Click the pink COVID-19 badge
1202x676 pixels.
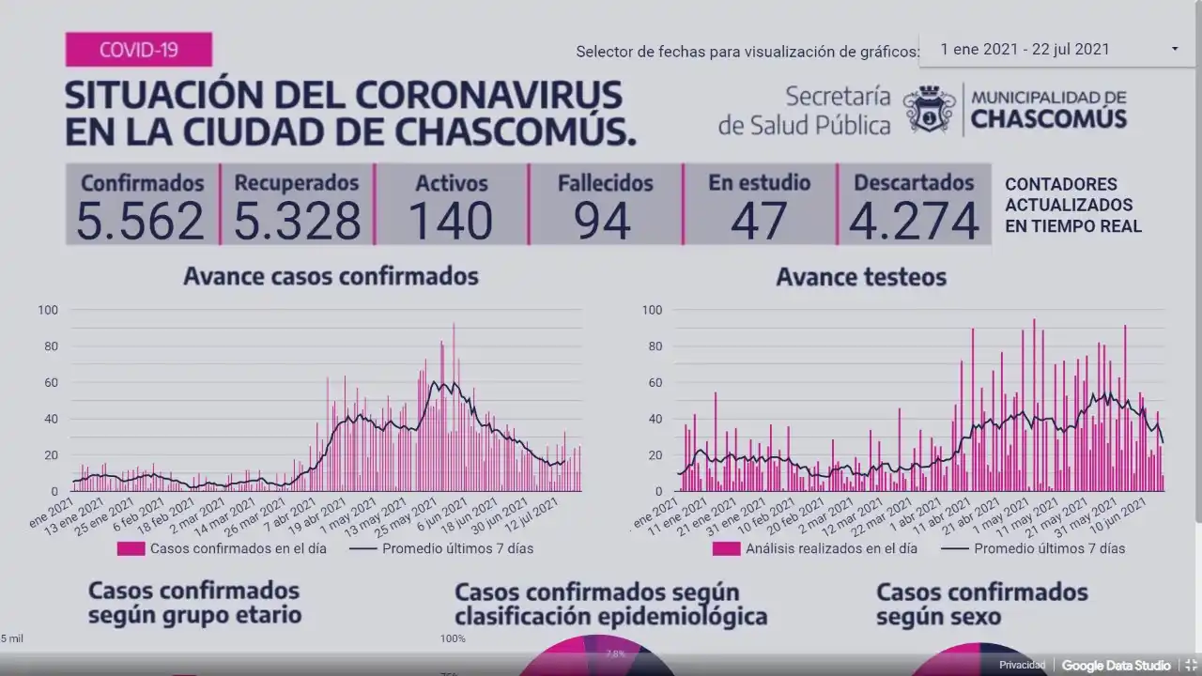tap(138, 49)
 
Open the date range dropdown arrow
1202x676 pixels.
tap(1175, 49)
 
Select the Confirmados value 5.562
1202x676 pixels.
tap(141, 222)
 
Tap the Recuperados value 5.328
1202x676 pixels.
tap(297, 222)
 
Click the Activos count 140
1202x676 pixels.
tap(451, 222)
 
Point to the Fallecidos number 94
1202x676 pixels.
tap(605, 222)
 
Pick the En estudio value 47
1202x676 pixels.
tap(760, 222)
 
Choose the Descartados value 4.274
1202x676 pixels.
tap(914, 222)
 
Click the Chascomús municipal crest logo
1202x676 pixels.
tap(929, 109)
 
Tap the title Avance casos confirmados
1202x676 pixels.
tap(331, 276)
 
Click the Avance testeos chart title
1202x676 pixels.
tap(861, 277)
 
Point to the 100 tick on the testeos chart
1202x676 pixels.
tap(652, 310)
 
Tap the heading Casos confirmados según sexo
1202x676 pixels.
tap(981, 604)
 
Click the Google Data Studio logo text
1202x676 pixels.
tap(1116, 666)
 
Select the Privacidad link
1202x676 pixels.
tap(1022, 666)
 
